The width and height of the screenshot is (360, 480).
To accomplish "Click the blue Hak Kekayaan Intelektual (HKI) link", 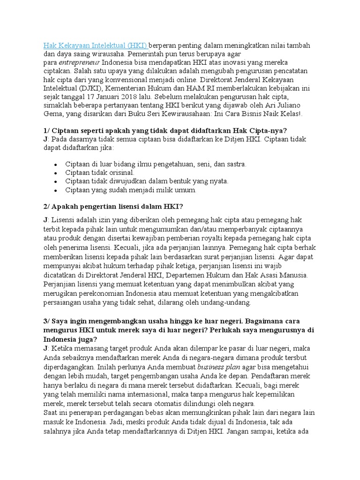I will pos(96,45).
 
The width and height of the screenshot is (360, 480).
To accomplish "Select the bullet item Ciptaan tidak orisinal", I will pos(100,172).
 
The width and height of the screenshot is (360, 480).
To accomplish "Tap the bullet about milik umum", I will pos(131,190).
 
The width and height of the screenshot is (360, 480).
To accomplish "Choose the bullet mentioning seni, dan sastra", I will pos(156,164).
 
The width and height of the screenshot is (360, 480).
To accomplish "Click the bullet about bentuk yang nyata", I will pos(147,181).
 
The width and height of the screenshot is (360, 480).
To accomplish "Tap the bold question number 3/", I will pos(48,321).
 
